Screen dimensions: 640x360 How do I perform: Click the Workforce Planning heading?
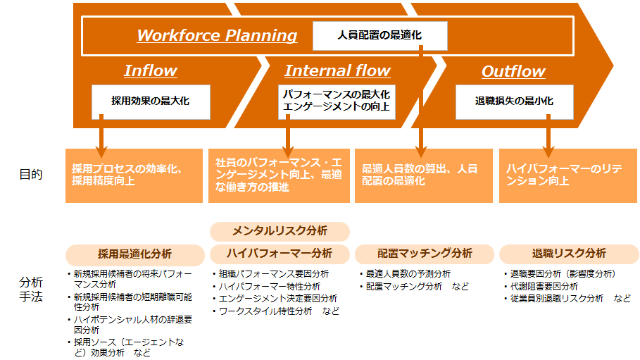pyautogui.click(x=217, y=35)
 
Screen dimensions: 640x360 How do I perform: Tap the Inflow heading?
pyautogui.click(x=151, y=70)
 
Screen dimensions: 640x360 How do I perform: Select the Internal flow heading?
pyautogui.click(x=337, y=70)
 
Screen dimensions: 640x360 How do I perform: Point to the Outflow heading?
pyautogui.click(x=513, y=72)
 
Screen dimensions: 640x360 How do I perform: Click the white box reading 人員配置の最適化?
pyautogui.click(x=380, y=36)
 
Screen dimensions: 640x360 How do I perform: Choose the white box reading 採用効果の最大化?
pyautogui.click(x=151, y=101)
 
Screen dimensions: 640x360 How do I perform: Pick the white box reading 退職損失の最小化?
pyautogui.click(x=514, y=101)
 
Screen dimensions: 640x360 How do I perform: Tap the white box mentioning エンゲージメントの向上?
pyautogui.click(x=337, y=101)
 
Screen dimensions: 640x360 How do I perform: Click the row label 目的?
pyautogui.click(x=30, y=175)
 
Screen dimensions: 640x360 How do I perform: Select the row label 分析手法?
pyautogui.click(x=30, y=290)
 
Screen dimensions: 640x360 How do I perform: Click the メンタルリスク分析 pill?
pyautogui.click(x=280, y=231)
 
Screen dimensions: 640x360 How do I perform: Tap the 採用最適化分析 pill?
pyautogui.click(x=134, y=254)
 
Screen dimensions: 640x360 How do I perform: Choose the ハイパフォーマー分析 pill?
pyautogui.click(x=280, y=254)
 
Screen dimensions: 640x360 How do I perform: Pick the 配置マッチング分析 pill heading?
pyautogui.click(x=425, y=254)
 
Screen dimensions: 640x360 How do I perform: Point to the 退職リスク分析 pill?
pyautogui.click(x=569, y=254)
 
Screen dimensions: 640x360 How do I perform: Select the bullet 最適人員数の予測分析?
pyautogui.click(x=406, y=274)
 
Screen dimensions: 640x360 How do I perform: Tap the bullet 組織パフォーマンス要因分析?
pyautogui.click(x=271, y=274)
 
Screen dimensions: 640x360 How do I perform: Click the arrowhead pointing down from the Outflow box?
pyautogui.click(x=548, y=151)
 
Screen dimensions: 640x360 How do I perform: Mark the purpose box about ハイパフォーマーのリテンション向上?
pyautogui.click(x=567, y=175)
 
